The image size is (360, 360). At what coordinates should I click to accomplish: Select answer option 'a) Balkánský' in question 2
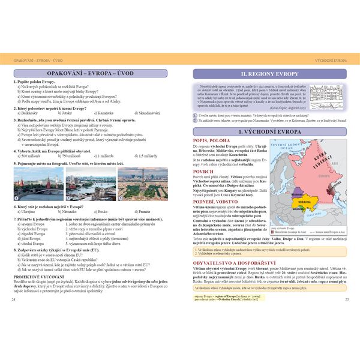tap(29, 112)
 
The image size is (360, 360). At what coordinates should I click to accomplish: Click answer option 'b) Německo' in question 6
tap(72, 212)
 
